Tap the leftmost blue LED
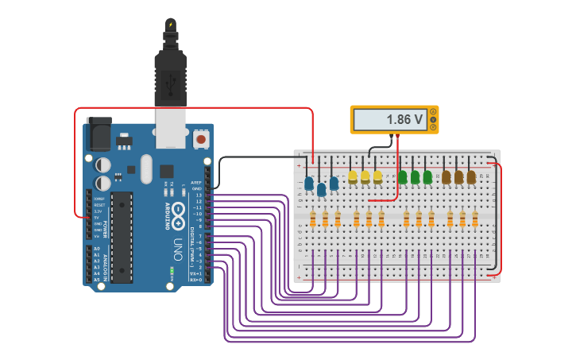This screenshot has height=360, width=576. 309,184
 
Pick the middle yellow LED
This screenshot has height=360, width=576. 365,176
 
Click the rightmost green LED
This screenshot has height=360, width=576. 427,176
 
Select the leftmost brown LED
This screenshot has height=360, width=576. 446,176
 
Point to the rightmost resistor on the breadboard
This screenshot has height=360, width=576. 475,219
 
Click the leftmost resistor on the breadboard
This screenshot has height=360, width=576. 313,219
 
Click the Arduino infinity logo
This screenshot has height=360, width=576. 178,212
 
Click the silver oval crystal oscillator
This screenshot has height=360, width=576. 145,168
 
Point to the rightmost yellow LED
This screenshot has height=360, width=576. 378,176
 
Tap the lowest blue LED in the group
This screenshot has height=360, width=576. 322,189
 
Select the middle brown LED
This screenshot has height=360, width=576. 458,176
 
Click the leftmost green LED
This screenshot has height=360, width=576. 403,176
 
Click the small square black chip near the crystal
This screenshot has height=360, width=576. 166,171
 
